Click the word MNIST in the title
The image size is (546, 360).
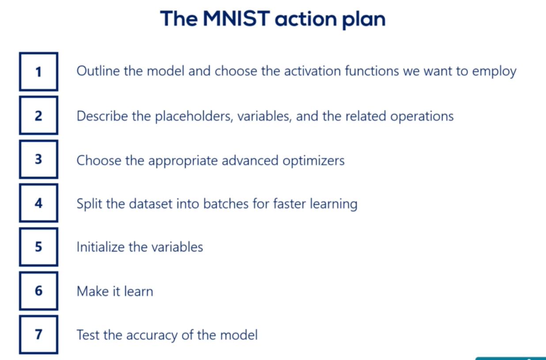pyautogui.click(x=236, y=19)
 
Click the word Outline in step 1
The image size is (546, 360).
pyautogui.click(x=98, y=71)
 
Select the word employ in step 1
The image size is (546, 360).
pyautogui.click(x=494, y=72)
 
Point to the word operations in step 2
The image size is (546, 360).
pyautogui.click(x=422, y=117)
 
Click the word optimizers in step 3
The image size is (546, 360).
pyautogui.click(x=313, y=161)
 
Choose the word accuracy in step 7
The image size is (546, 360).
pyautogui.click(x=152, y=336)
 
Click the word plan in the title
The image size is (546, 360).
pyautogui.click(x=364, y=19)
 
